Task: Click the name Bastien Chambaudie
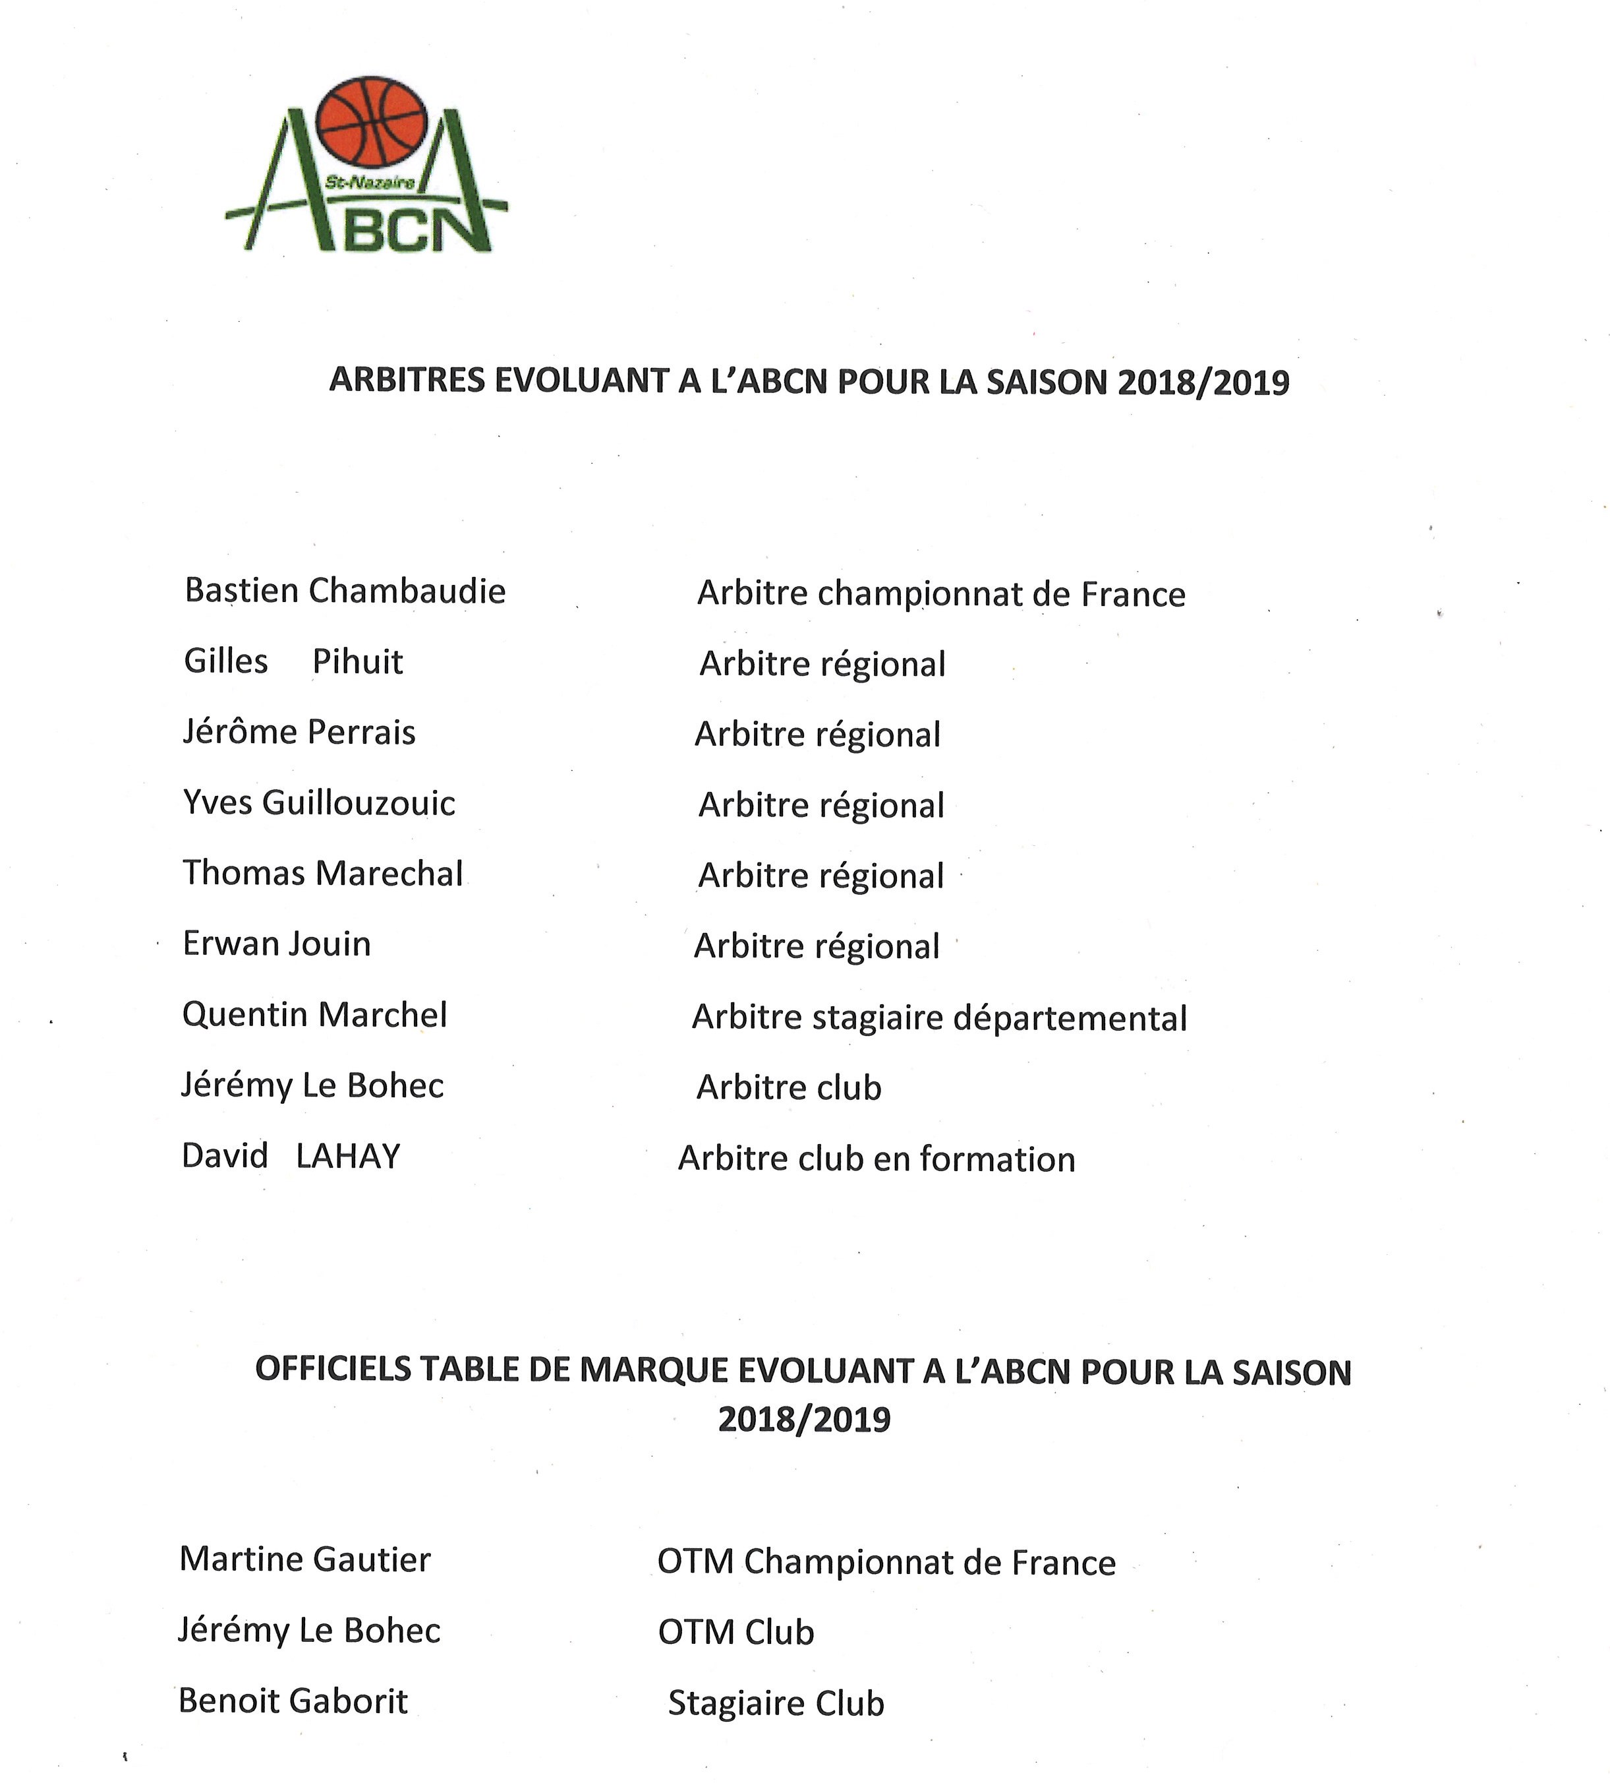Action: pyautogui.click(x=345, y=591)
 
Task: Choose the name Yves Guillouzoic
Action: pyautogui.click(x=319, y=803)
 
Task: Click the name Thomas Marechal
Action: pyautogui.click(x=323, y=874)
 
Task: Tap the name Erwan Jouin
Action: pyautogui.click(x=277, y=944)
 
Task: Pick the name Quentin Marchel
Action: pyautogui.click(x=315, y=1014)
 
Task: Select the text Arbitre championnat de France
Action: pyautogui.click(x=940, y=594)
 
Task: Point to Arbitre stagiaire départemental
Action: pyautogui.click(x=939, y=1018)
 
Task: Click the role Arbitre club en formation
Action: pyautogui.click(x=876, y=1159)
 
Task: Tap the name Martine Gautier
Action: pyautogui.click(x=305, y=1558)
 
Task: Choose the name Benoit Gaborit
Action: pyautogui.click(x=293, y=1701)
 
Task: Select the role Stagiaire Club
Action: pyautogui.click(x=776, y=1703)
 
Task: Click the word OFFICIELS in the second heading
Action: pyautogui.click(x=332, y=1369)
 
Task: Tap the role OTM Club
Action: pyautogui.click(x=735, y=1633)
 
